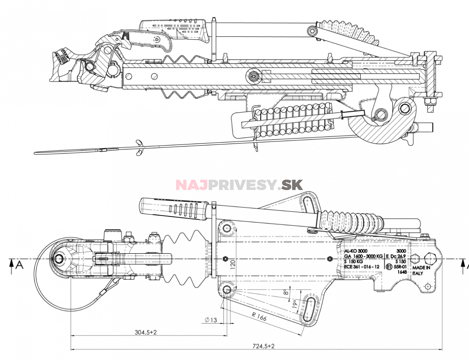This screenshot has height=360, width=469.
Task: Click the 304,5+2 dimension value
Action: pos(146,332)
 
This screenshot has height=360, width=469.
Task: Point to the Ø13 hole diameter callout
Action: pos(210,320)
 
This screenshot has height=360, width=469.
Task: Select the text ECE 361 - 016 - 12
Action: pos(361,267)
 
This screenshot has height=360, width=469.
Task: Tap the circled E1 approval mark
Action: pos(389,267)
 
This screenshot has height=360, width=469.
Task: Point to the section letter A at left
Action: pos(19,265)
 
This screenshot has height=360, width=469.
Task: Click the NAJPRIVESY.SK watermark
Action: pos(239,185)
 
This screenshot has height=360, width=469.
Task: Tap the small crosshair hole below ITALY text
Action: pos(428,286)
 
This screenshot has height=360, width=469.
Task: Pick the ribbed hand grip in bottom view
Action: pos(173,208)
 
